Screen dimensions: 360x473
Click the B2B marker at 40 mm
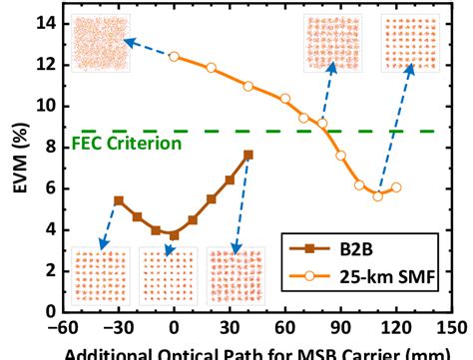click(x=247, y=155)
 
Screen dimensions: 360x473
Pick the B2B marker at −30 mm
click(x=119, y=200)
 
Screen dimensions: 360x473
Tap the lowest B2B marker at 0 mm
click(x=174, y=235)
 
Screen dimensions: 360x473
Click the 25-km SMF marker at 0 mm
click(x=174, y=57)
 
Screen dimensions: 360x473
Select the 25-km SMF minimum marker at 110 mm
click(x=378, y=195)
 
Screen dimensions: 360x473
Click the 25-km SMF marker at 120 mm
click(x=396, y=186)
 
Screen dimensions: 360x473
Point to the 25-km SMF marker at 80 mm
click(x=322, y=124)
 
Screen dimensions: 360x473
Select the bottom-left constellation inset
click(x=100, y=275)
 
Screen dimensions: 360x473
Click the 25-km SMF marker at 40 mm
click(x=247, y=86)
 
